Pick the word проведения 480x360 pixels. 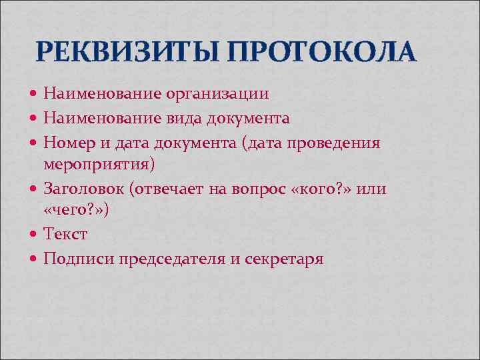(x=343, y=142)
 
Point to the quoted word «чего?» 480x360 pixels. (x=76, y=211)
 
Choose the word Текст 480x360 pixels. (x=65, y=235)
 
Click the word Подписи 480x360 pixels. (x=79, y=259)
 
